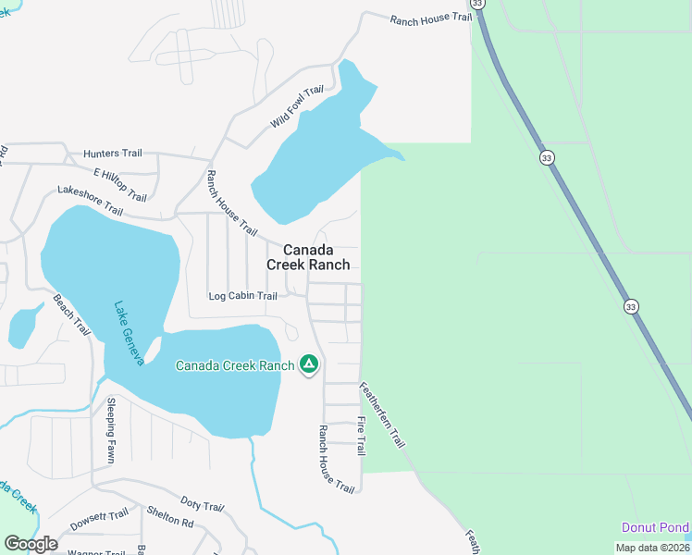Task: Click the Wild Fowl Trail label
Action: [x=297, y=106]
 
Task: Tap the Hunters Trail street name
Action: [x=112, y=154]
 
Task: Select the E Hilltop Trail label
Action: [x=120, y=184]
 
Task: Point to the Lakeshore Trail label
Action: [x=90, y=200]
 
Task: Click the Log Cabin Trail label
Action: [x=242, y=296]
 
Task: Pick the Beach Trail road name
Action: [x=71, y=314]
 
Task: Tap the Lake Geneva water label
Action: [x=129, y=333]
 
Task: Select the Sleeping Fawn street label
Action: [x=110, y=430]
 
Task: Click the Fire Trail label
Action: [x=361, y=435]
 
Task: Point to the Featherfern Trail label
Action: [x=381, y=415]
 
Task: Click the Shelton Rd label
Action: [x=169, y=517]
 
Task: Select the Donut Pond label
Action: [x=654, y=527]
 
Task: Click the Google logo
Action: [x=31, y=544]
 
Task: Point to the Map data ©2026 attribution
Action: [x=651, y=547]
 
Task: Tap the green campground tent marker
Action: [x=309, y=364]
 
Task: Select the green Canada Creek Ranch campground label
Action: [x=235, y=365]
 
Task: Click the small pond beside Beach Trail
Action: [x=23, y=325]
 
